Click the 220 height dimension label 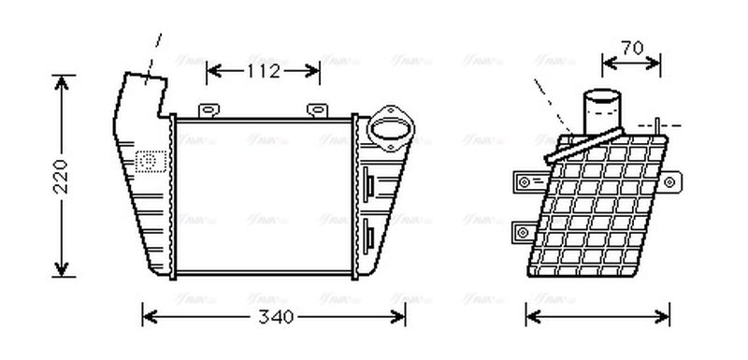pyautogui.click(x=59, y=176)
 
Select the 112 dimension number pyautogui.click(x=263, y=69)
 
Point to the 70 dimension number pyautogui.click(x=632, y=48)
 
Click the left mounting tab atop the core pyautogui.click(x=211, y=110)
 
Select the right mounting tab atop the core pyautogui.click(x=317, y=110)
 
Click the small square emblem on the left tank pyautogui.click(x=148, y=160)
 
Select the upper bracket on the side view pyautogui.click(x=528, y=179)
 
